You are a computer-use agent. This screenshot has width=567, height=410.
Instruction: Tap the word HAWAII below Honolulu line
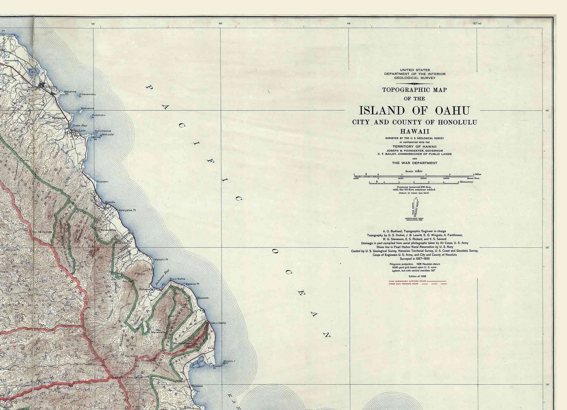415,131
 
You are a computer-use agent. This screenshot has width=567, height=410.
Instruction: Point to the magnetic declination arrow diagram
414,208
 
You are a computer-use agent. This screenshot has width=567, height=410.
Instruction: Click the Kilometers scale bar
414,182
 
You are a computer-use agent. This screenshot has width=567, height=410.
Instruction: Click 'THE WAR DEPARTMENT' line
415,163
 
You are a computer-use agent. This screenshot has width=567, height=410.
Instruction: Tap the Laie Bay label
80,126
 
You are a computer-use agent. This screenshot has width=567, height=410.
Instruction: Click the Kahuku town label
50,86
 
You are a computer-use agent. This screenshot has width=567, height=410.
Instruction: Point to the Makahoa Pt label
70,92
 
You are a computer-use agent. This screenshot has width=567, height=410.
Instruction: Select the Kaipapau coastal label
102,182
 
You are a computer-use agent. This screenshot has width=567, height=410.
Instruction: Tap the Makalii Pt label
161,260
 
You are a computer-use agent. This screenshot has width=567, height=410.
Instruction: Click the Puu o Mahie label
177,279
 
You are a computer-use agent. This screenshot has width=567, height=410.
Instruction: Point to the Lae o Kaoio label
218,323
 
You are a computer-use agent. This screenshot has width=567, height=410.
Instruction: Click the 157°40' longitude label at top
477,24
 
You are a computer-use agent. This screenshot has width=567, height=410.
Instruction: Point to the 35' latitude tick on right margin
547,247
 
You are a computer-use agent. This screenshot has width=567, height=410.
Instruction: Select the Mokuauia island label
87,108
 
